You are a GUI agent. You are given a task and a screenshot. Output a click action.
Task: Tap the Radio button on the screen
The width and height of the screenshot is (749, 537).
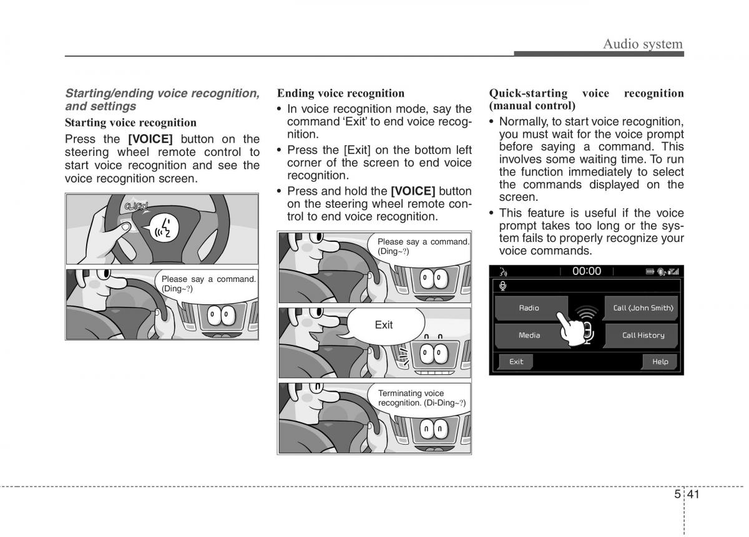pyautogui.click(x=531, y=307)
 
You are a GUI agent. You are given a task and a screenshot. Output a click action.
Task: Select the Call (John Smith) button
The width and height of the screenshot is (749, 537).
pyautogui.click(x=642, y=307)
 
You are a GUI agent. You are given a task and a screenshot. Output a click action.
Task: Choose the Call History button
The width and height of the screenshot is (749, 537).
pyautogui.click(x=642, y=335)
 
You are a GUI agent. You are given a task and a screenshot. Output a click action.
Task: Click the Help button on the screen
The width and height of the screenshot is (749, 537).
pyautogui.click(x=660, y=362)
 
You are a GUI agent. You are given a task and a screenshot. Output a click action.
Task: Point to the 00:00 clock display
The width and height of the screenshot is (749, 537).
pyautogui.click(x=587, y=271)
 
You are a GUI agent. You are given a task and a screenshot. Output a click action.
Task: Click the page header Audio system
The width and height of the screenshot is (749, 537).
pyautogui.click(x=643, y=44)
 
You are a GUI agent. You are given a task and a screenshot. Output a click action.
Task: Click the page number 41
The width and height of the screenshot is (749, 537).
pyautogui.click(x=693, y=494)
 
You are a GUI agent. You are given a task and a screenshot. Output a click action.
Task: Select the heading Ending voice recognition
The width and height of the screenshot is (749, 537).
pyautogui.click(x=341, y=93)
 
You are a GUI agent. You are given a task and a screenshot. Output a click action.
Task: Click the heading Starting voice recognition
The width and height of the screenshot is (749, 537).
pyautogui.click(x=130, y=123)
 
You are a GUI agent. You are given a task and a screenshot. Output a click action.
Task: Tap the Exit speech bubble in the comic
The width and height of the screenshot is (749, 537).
pyautogui.click(x=384, y=325)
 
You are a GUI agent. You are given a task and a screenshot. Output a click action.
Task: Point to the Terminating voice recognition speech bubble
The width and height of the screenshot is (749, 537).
pyautogui.click(x=419, y=399)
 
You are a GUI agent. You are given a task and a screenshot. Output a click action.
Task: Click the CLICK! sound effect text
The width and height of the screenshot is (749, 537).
pyautogui.click(x=136, y=206)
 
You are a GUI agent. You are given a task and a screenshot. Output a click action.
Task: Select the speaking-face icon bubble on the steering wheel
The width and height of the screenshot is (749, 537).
pyautogui.click(x=163, y=228)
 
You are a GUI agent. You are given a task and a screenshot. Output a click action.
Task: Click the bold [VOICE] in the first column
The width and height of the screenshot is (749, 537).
pyautogui.click(x=150, y=139)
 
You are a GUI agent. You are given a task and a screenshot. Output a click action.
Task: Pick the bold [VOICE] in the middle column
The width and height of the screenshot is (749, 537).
pyautogui.click(x=413, y=191)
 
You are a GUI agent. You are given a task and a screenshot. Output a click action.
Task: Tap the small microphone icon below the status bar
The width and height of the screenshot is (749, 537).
pyautogui.click(x=502, y=286)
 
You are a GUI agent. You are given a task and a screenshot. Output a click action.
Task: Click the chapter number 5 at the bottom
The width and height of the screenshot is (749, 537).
pyautogui.click(x=677, y=494)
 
